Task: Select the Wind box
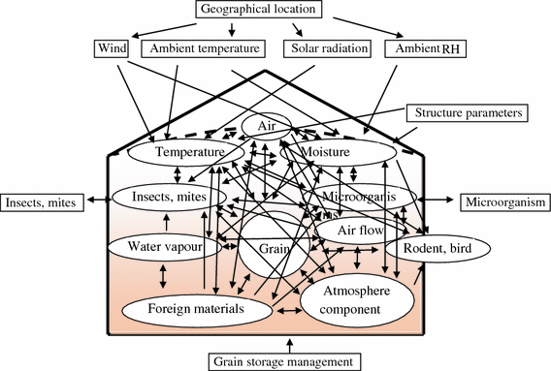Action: (113, 47)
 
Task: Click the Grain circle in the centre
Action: (275, 248)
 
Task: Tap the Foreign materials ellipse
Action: (198, 310)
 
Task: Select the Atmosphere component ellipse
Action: (355, 300)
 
